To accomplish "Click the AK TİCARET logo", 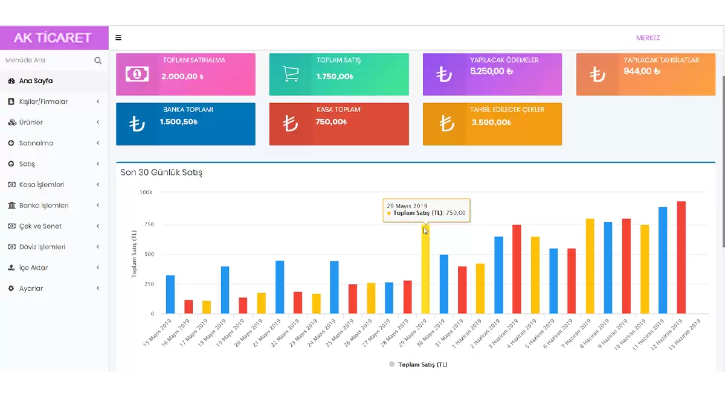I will [53, 37].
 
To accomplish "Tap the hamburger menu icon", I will [118, 37].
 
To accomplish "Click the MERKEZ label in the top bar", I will [648, 38].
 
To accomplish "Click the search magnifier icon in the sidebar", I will [98, 60].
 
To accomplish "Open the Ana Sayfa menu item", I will [36, 81].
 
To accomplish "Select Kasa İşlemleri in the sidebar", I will [41, 185].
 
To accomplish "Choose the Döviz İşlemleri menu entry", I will [42, 247].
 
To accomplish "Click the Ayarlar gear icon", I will [11, 288].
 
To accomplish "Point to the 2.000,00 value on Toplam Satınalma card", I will [182, 77].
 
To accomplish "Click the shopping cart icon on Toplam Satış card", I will [291, 74].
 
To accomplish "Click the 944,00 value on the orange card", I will [642, 71].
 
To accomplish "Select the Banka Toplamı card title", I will [188, 110].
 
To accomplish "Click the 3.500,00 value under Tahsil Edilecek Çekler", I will [491, 122].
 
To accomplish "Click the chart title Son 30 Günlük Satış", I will [161, 173].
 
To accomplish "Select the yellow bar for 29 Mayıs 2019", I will [425, 272].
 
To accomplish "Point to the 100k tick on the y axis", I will [146, 192].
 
